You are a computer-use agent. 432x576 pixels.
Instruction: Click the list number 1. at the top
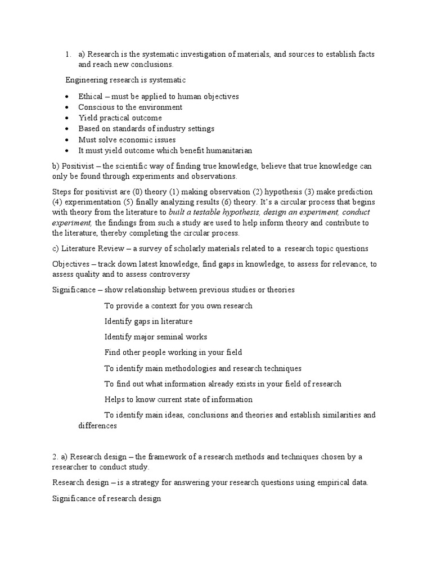(x=67, y=54)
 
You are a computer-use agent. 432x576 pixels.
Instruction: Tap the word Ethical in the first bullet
(x=91, y=96)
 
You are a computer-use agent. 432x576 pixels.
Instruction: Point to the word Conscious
(x=96, y=107)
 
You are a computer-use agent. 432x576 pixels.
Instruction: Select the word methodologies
(x=200, y=368)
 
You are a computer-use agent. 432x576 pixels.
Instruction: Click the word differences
(x=97, y=426)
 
